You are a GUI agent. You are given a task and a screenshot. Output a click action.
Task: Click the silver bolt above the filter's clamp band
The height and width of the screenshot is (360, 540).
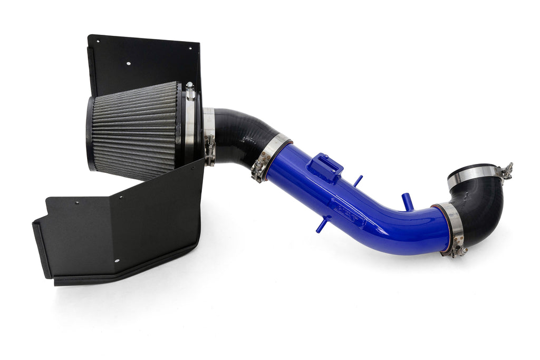(190, 91)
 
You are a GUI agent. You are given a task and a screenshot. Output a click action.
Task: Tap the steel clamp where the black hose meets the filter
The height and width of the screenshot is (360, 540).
(209, 134)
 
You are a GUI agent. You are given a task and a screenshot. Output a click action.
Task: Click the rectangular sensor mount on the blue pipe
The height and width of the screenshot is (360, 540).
(324, 167)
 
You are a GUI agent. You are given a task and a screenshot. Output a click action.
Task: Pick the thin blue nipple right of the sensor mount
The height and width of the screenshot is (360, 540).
(358, 180)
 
